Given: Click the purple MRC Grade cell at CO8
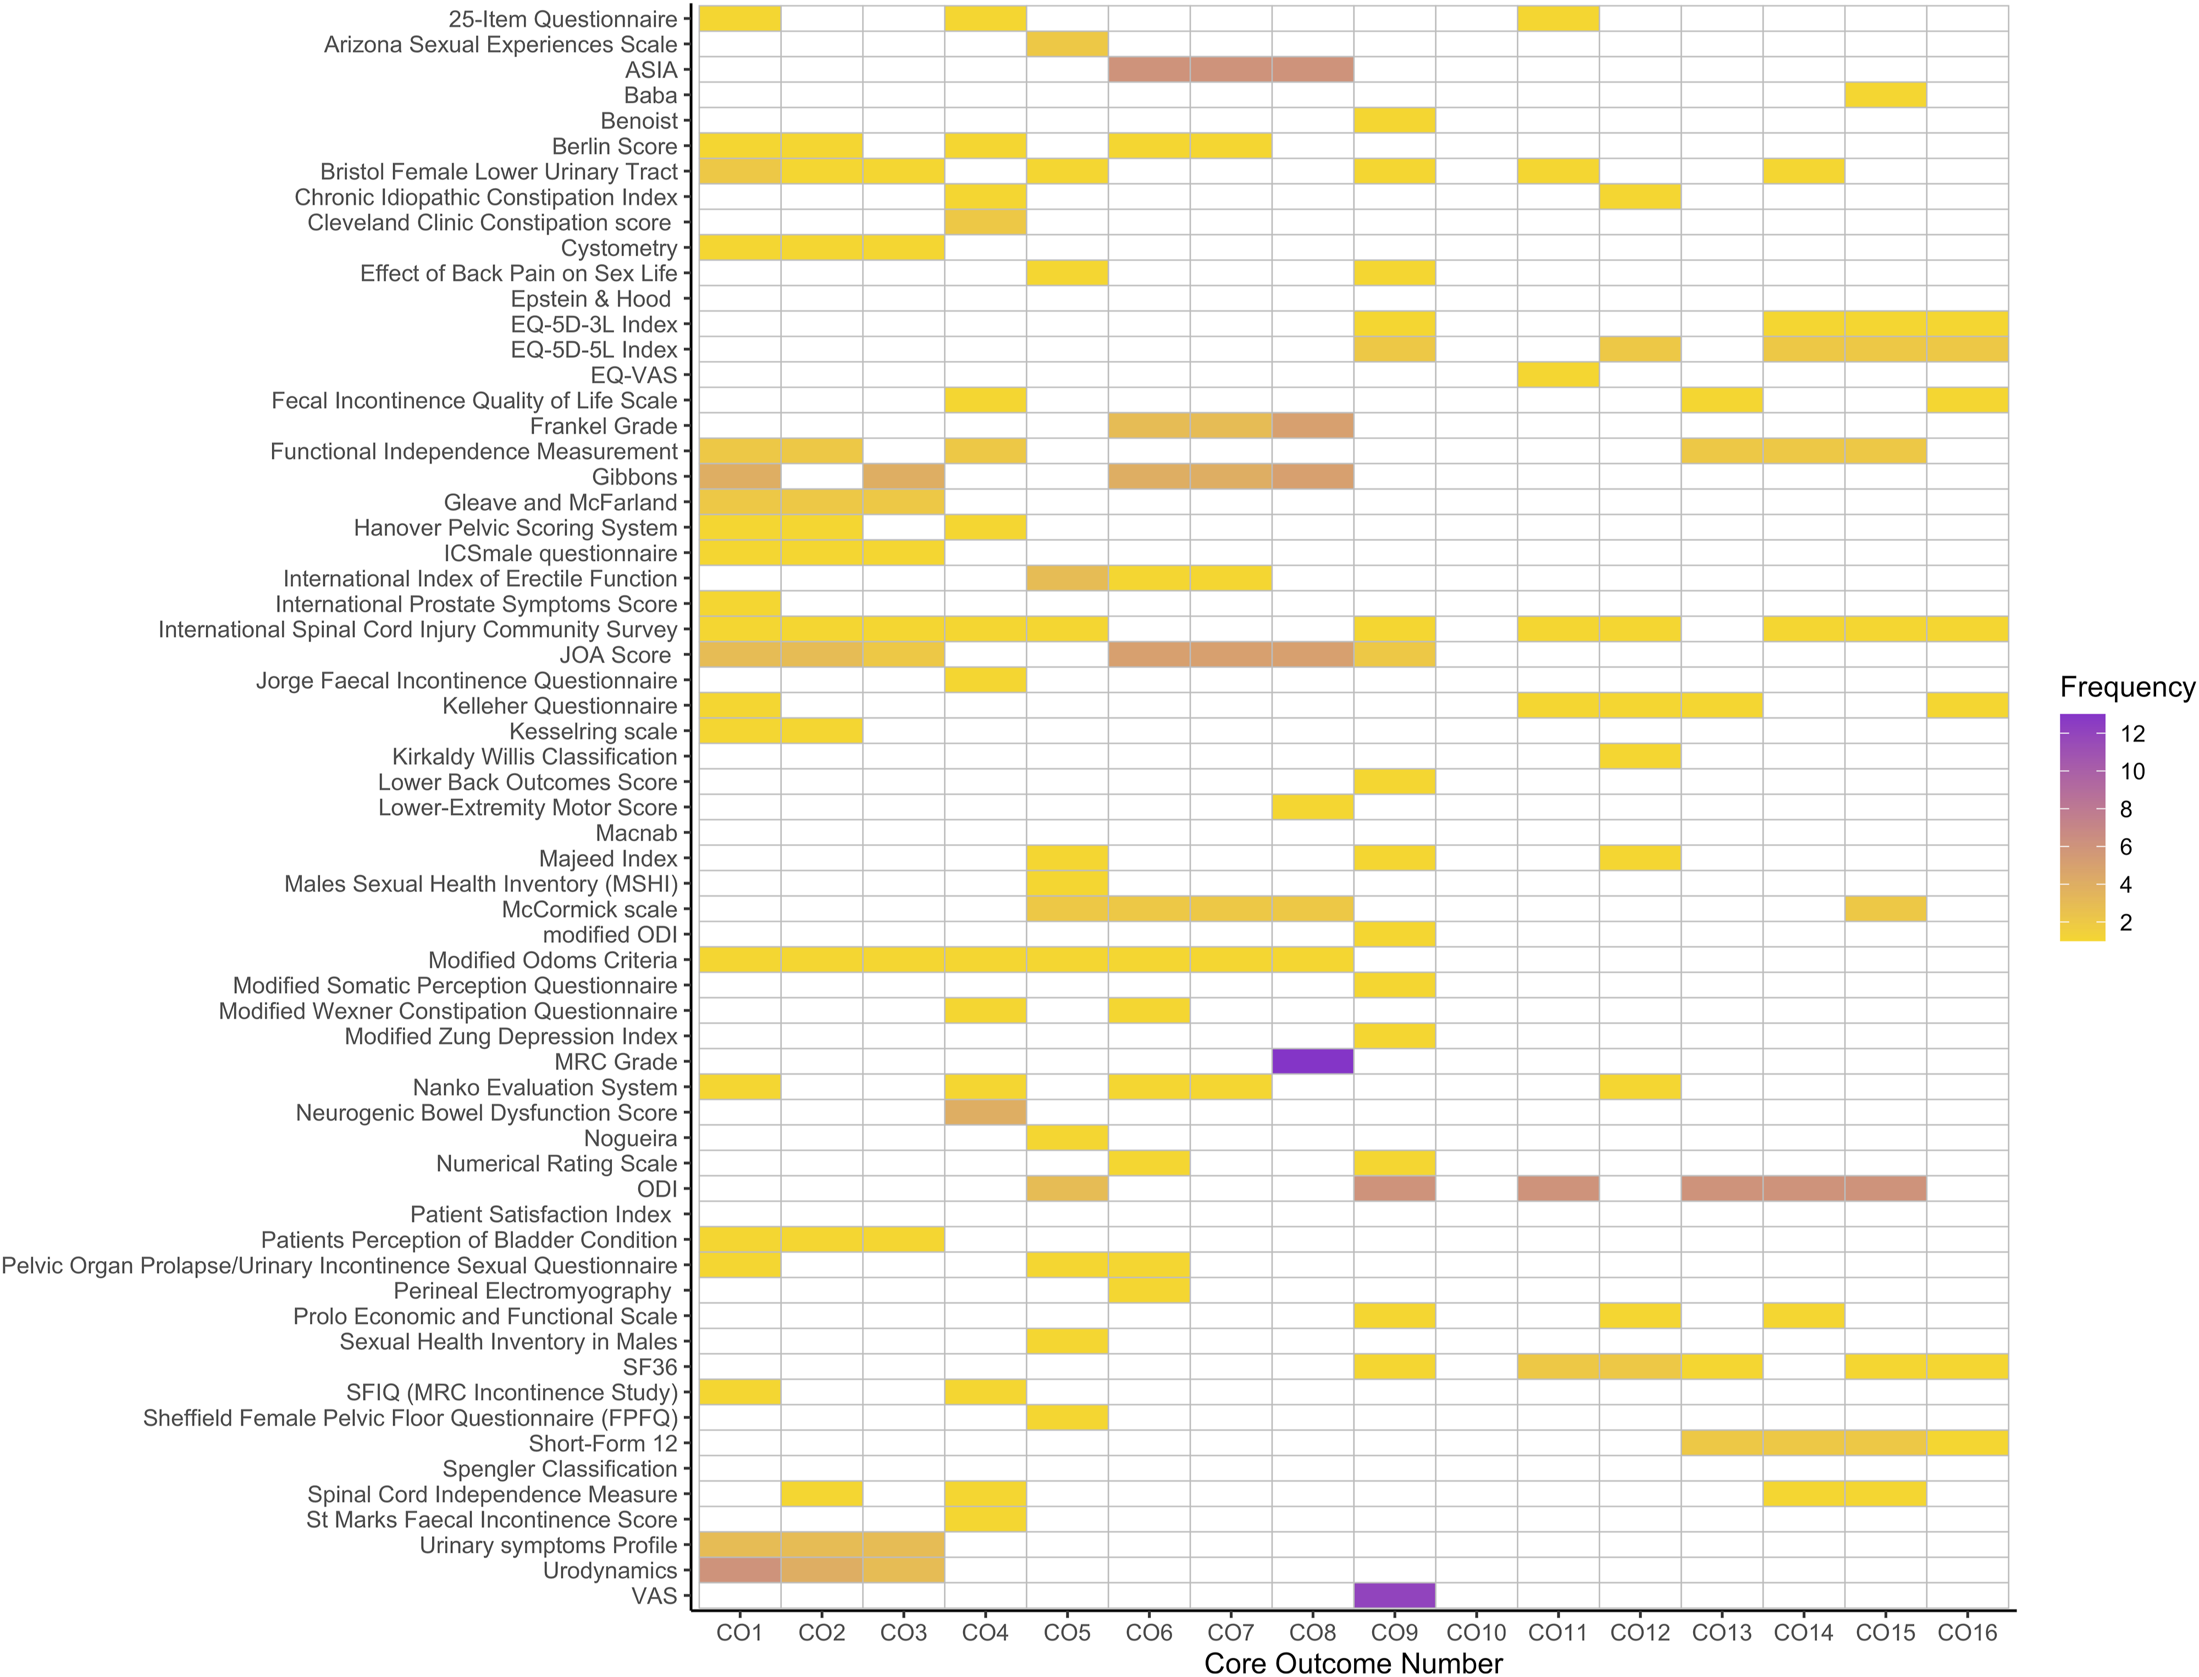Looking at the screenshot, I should [1313, 1061].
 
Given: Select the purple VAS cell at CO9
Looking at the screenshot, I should [1395, 1595].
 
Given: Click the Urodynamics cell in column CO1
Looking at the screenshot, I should [739, 1570].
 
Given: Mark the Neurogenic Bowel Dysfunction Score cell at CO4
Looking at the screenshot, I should [985, 1112].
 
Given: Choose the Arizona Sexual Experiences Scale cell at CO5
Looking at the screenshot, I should [1067, 44].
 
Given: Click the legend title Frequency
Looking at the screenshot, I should [2126, 687].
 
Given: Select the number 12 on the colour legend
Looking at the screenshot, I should [2132, 733].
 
